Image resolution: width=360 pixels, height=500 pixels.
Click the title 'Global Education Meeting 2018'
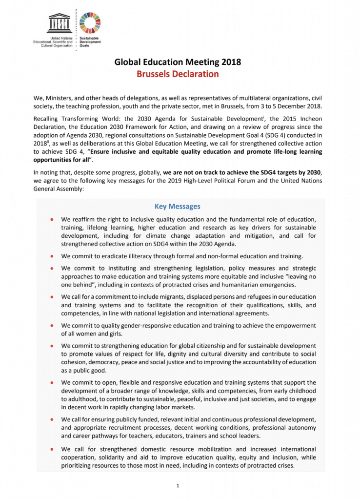point(178,62)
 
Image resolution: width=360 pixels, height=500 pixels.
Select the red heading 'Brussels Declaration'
point(177,74)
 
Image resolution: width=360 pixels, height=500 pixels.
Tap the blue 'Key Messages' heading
point(177,207)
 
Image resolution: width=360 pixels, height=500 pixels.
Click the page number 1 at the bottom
point(179,485)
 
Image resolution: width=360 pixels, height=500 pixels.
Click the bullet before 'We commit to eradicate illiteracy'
point(51,256)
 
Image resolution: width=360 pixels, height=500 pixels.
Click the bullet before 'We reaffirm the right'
point(51,220)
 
